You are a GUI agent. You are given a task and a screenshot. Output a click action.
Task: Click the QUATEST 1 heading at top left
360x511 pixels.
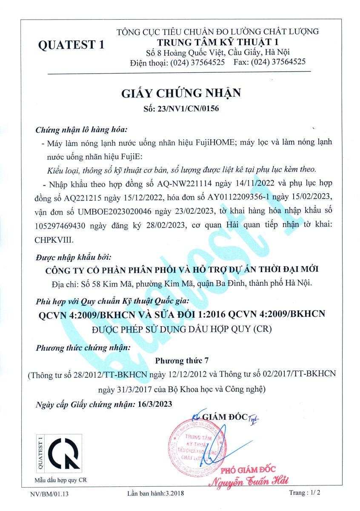click(71, 45)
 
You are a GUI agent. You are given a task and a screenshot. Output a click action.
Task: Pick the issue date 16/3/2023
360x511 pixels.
click(155, 404)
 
